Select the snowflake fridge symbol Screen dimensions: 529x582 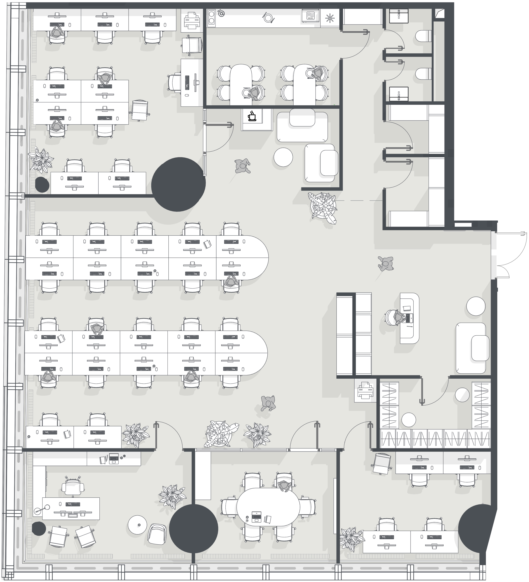(x=329, y=18)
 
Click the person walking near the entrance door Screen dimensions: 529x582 (x=386, y=264)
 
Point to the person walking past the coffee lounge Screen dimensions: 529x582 (x=242, y=166)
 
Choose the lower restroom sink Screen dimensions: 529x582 (x=398, y=94)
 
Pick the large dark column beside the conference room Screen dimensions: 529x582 (x=193, y=529)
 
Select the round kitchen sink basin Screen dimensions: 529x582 (x=221, y=13)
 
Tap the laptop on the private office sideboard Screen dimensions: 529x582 (x=114, y=458)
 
